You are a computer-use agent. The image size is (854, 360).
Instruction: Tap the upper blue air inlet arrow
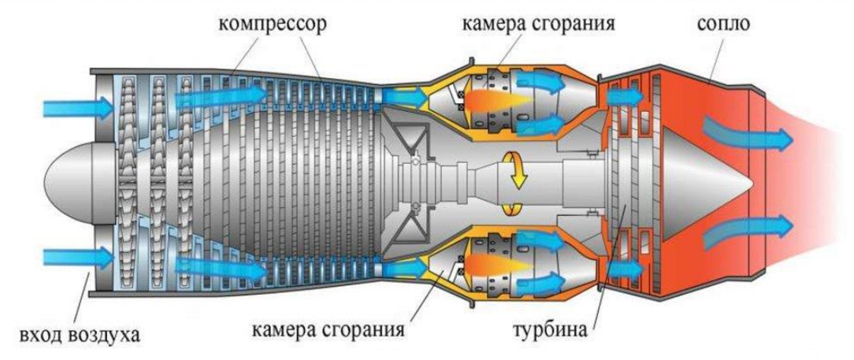[x=76, y=106]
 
